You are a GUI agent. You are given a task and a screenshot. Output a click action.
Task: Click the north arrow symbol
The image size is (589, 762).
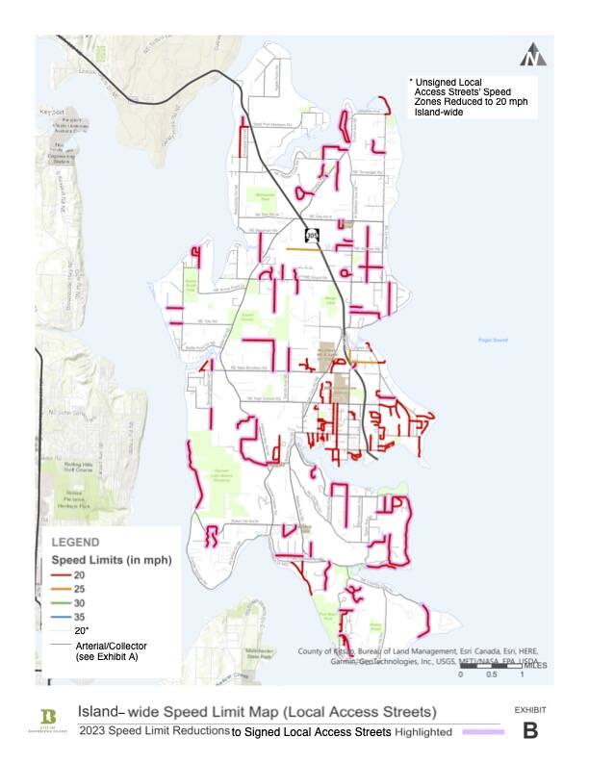532,57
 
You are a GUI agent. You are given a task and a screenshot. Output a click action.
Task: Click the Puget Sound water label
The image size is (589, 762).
492,340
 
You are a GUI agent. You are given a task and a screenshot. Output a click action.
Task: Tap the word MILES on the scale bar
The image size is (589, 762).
536,666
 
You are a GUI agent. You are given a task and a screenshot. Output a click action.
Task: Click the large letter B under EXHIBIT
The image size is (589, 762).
530,730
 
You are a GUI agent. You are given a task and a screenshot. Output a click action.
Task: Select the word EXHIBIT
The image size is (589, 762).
530,709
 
